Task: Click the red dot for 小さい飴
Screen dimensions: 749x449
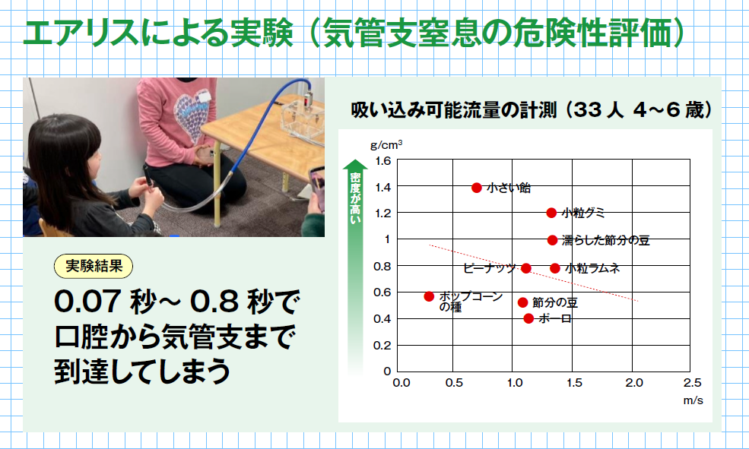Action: (x=476, y=188)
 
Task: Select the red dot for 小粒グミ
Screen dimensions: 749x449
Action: (x=551, y=213)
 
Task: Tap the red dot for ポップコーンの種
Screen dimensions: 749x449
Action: (x=429, y=297)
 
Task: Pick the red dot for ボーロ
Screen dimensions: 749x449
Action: (x=528, y=318)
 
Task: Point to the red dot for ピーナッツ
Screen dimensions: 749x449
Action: (x=526, y=268)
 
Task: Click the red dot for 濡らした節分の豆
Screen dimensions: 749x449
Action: (x=552, y=240)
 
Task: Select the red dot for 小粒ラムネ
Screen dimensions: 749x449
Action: (x=554, y=268)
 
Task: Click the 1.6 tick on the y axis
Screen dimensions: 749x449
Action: (x=383, y=161)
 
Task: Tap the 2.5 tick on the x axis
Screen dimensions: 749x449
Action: (x=692, y=383)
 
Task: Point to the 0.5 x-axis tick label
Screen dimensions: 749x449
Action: (x=454, y=383)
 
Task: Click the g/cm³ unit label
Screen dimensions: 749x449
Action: (x=386, y=144)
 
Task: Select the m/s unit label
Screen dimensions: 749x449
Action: (x=693, y=400)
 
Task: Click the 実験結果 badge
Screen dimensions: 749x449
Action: (x=94, y=266)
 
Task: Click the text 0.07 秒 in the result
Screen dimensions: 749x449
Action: (x=106, y=302)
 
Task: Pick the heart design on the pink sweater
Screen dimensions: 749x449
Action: (x=192, y=116)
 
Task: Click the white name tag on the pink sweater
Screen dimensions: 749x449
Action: (x=204, y=96)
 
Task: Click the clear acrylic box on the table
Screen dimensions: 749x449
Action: (x=303, y=120)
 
